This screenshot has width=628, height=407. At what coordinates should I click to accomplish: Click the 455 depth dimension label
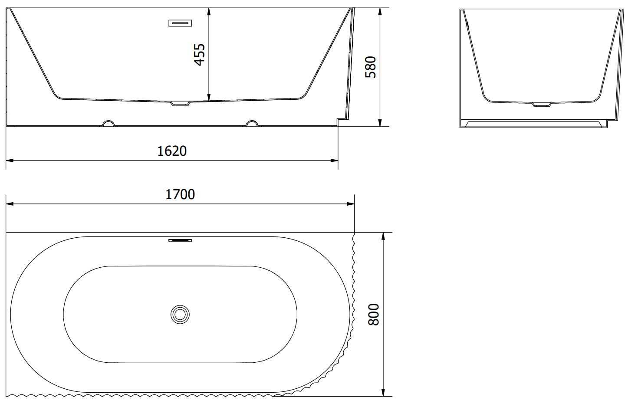click(x=200, y=55)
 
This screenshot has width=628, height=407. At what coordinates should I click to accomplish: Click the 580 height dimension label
click(x=370, y=67)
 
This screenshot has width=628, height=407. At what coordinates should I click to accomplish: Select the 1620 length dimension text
click(x=172, y=151)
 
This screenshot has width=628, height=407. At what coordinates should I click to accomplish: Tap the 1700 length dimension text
click(x=180, y=194)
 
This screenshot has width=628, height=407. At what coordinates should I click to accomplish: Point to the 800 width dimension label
click(x=373, y=314)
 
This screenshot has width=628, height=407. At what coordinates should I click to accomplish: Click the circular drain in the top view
click(x=180, y=315)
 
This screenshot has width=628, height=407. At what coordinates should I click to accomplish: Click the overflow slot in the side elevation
click(x=180, y=23)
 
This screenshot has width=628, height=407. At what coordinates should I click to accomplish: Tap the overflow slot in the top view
click(x=180, y=240)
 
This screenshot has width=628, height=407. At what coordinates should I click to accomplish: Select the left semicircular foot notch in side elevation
click(x=109, y=123)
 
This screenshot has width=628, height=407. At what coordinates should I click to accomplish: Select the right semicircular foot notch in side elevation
click(x=252, y=123)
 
